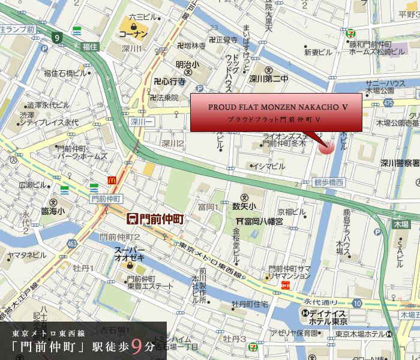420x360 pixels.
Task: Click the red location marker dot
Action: pos(326,147)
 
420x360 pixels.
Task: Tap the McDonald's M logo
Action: pos(112,180)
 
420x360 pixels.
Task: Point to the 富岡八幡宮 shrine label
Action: pos(262,221)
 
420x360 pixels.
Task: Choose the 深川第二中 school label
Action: pos(269,78)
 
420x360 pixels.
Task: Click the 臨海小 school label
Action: pos(62,211)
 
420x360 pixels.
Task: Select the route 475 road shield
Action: pos(389,103)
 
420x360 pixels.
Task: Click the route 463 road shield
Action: pos(73,244)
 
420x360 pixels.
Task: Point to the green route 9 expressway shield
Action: pos(58,38)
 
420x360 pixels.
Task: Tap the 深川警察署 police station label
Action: pos(399,163)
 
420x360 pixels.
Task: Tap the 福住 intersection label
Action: pos(90,46)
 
